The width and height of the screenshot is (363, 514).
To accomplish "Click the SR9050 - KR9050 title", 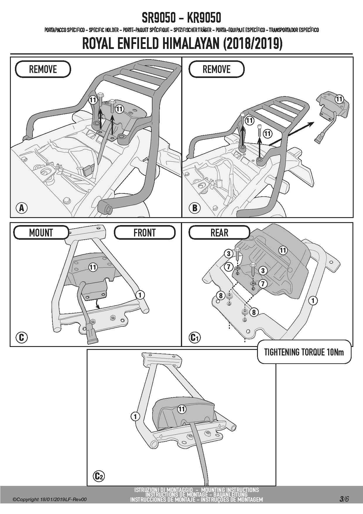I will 181,18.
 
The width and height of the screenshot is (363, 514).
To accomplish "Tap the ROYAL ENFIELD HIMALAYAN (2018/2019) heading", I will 182,44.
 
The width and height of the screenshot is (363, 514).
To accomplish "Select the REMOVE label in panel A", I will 43,69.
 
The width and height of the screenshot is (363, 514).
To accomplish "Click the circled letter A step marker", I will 21,208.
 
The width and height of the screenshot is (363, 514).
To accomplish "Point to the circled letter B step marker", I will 195,208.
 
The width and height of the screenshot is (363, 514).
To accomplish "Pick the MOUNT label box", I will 41,233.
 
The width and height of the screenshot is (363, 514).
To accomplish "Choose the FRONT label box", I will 145,233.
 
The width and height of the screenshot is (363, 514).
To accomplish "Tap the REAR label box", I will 219,233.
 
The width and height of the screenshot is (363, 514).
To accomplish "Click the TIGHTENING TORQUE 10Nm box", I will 304,352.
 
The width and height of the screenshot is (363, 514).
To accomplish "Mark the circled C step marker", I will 21,337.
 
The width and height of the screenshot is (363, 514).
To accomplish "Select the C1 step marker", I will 195,338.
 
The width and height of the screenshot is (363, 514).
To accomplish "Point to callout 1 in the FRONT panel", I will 140,295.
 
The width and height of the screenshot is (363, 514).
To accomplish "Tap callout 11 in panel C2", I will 182,409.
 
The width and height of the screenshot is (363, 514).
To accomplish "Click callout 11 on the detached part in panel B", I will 339,99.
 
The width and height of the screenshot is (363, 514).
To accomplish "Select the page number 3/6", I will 344,499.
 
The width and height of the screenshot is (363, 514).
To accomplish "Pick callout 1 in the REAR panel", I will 313,300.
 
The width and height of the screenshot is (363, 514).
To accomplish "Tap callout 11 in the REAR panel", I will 282,250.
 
